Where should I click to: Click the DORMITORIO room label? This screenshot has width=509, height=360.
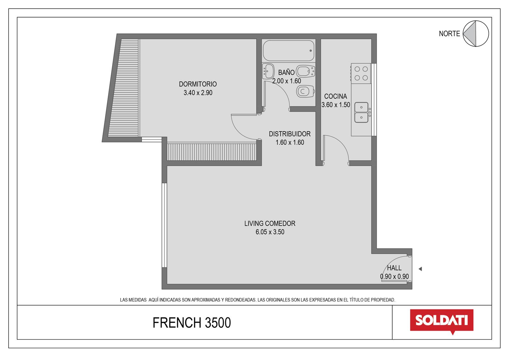(x=198, y=84)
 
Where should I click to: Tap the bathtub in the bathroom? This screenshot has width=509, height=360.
(x=289, y=51)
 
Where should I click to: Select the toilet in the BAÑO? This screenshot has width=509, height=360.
(x=305, y=92)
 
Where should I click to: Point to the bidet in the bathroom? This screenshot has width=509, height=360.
(x=305, y=71)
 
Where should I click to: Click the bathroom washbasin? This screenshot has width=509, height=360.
(x=268, y=71)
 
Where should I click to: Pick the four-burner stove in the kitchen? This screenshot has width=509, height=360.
(x=361, y=74)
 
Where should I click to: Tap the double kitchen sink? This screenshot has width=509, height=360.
(x=361, y=112)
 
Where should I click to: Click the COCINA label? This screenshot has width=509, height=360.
(x=335, y=96)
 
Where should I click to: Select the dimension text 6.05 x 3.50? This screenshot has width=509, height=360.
(x=270, y=232)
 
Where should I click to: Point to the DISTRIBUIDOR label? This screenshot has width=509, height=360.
(x=290, y=134)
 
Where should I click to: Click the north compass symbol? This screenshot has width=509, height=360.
(x=476, y=34)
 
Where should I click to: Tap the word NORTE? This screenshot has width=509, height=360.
(x=449, y=34)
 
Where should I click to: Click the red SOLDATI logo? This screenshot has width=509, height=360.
(x=442, y=321)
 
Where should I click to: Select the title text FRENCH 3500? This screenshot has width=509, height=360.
(x=192, y=323)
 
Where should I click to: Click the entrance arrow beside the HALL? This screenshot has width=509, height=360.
(x=420, y=269)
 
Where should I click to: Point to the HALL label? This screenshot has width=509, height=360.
(x=394, y=268)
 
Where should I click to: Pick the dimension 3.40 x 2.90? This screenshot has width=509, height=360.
(x=198, y=93)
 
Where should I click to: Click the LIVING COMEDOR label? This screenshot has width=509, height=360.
(x=270, y=223)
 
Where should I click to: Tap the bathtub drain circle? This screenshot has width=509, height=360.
(x=310, y=51)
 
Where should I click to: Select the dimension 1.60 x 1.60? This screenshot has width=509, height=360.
(x=290, y=142)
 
